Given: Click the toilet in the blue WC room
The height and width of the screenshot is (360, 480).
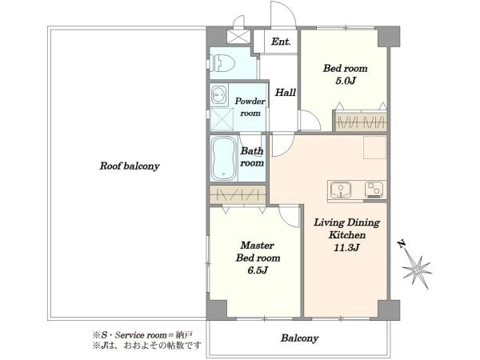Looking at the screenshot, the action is point(222,63).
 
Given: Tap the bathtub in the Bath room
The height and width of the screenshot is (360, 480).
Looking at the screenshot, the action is point(224,158).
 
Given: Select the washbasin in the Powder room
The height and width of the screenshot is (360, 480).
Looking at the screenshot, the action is point(218,94).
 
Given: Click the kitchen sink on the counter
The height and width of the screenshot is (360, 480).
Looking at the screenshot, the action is point(341,190).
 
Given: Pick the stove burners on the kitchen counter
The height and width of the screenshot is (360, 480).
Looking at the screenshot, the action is point(374,190).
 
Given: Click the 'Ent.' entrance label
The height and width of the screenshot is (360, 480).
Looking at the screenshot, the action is point(281,42).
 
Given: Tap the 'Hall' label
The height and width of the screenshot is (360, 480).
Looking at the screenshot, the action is point(286,92).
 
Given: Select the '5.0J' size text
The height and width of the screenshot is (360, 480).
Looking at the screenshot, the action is point(346,81).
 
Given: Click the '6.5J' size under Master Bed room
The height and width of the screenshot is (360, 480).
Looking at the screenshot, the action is point(258,270).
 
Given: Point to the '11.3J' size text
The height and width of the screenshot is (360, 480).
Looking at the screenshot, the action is point(346,247).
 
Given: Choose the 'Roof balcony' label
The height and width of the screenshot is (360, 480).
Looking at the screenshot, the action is point(130,166).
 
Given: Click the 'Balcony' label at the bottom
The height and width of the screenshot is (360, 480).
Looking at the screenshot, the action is point(300,338).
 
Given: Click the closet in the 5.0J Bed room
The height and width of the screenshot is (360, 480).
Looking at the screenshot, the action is point(362,122).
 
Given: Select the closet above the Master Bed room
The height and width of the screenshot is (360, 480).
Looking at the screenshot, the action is point(238,194).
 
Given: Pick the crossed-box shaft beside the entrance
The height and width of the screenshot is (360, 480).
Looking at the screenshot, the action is point(238,36).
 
